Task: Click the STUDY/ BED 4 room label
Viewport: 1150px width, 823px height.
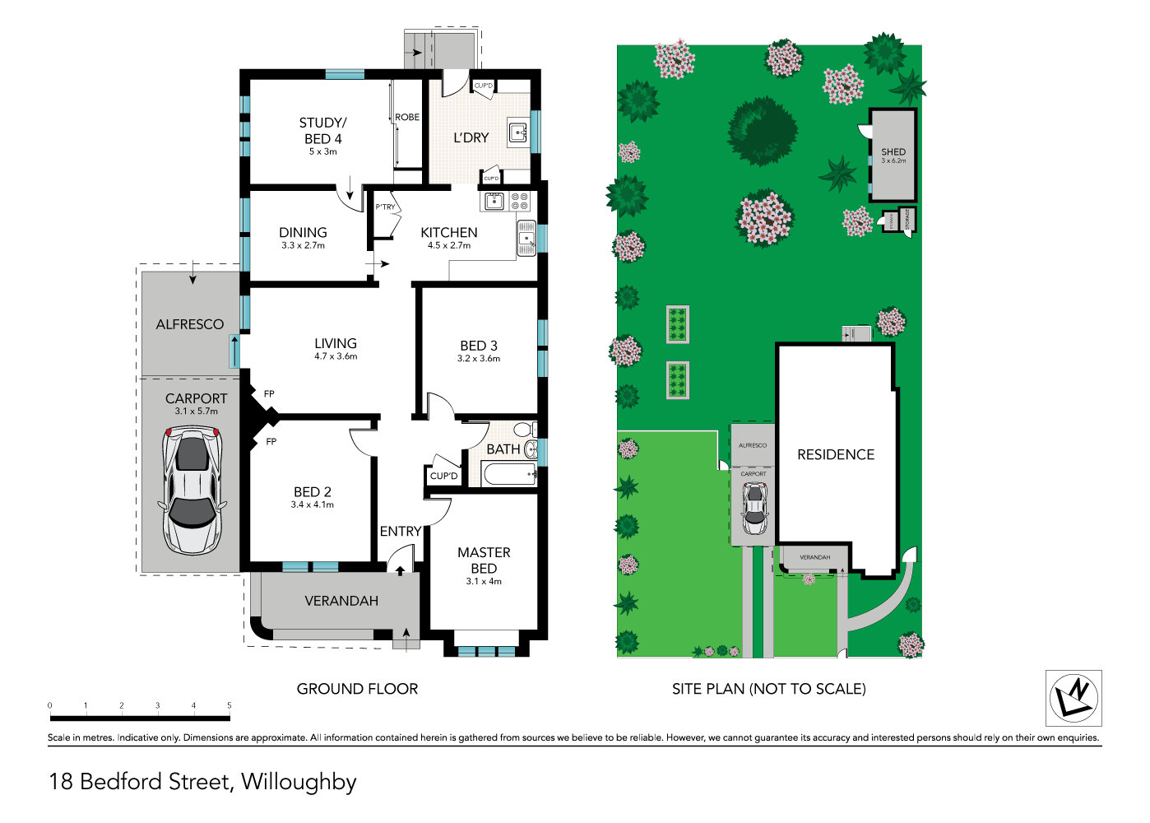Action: click(322, 131)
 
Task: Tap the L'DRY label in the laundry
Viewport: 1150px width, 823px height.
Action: click(471, 138)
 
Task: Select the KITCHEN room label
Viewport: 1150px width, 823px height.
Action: click(448, 233)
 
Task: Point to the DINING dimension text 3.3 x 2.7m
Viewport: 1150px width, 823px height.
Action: click(303, 246)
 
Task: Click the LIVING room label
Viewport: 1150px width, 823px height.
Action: click(336, 343)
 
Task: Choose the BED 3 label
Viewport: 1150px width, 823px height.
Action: click(479, 346)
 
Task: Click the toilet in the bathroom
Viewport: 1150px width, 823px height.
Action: click(524, 430)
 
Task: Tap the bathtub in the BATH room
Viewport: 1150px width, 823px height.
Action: click(509, 474)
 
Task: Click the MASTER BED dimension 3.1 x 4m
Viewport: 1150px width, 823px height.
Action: click(484, 582)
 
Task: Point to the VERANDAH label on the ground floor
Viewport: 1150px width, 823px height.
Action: click(341, 602)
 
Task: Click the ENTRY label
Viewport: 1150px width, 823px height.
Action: click(401, 532)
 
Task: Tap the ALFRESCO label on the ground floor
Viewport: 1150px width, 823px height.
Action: click(190, 324)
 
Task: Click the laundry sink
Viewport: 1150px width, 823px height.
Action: click(517, 132)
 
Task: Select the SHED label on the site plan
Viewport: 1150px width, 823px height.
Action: click(893, 152)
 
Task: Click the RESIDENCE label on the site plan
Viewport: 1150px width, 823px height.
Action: click(836, 455)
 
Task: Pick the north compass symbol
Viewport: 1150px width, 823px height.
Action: click(1073, 698)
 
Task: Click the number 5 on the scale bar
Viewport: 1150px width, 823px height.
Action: click(230, 705)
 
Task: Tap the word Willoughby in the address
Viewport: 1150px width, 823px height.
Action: click(299, 782)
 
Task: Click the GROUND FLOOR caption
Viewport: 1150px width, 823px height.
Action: click(357, 689)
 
